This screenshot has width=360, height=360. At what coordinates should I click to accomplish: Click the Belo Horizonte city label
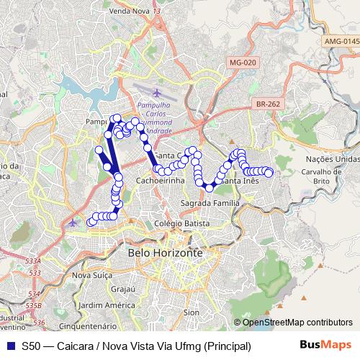[165, 254]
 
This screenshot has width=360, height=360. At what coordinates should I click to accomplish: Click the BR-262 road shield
[268, 104]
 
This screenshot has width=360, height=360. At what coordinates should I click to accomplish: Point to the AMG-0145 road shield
[341, 42]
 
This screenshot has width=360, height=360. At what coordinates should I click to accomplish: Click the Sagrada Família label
[210, 204]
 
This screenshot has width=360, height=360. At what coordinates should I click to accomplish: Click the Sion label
[191, 312]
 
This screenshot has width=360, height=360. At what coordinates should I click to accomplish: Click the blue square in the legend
[9, 346]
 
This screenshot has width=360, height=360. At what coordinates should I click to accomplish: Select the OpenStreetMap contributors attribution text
[297, 322]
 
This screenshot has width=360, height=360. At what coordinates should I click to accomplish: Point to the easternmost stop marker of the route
[269, 172]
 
